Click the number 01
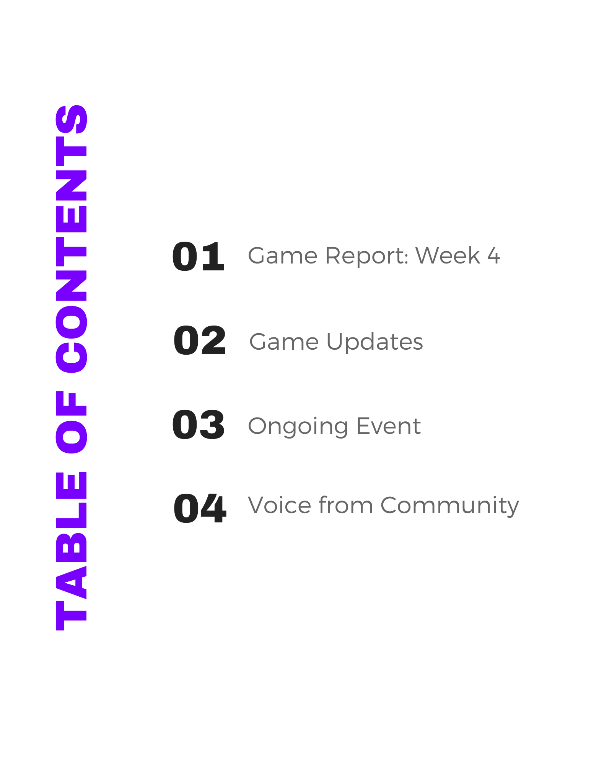coord(198,257)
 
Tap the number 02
coord(200,340)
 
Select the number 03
coord(198,424)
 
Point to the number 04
coord(200,508)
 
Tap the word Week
coord(448,255)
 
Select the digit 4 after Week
coord(494,255)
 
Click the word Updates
coord(374,342)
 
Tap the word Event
coord(389,426)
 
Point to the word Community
coord(450,506)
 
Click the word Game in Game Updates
coord(284,342)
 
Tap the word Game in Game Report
coord(283,255)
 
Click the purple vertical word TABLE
coord(72,551)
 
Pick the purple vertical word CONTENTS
coord(72,239)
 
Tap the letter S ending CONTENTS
coord(72,119)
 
